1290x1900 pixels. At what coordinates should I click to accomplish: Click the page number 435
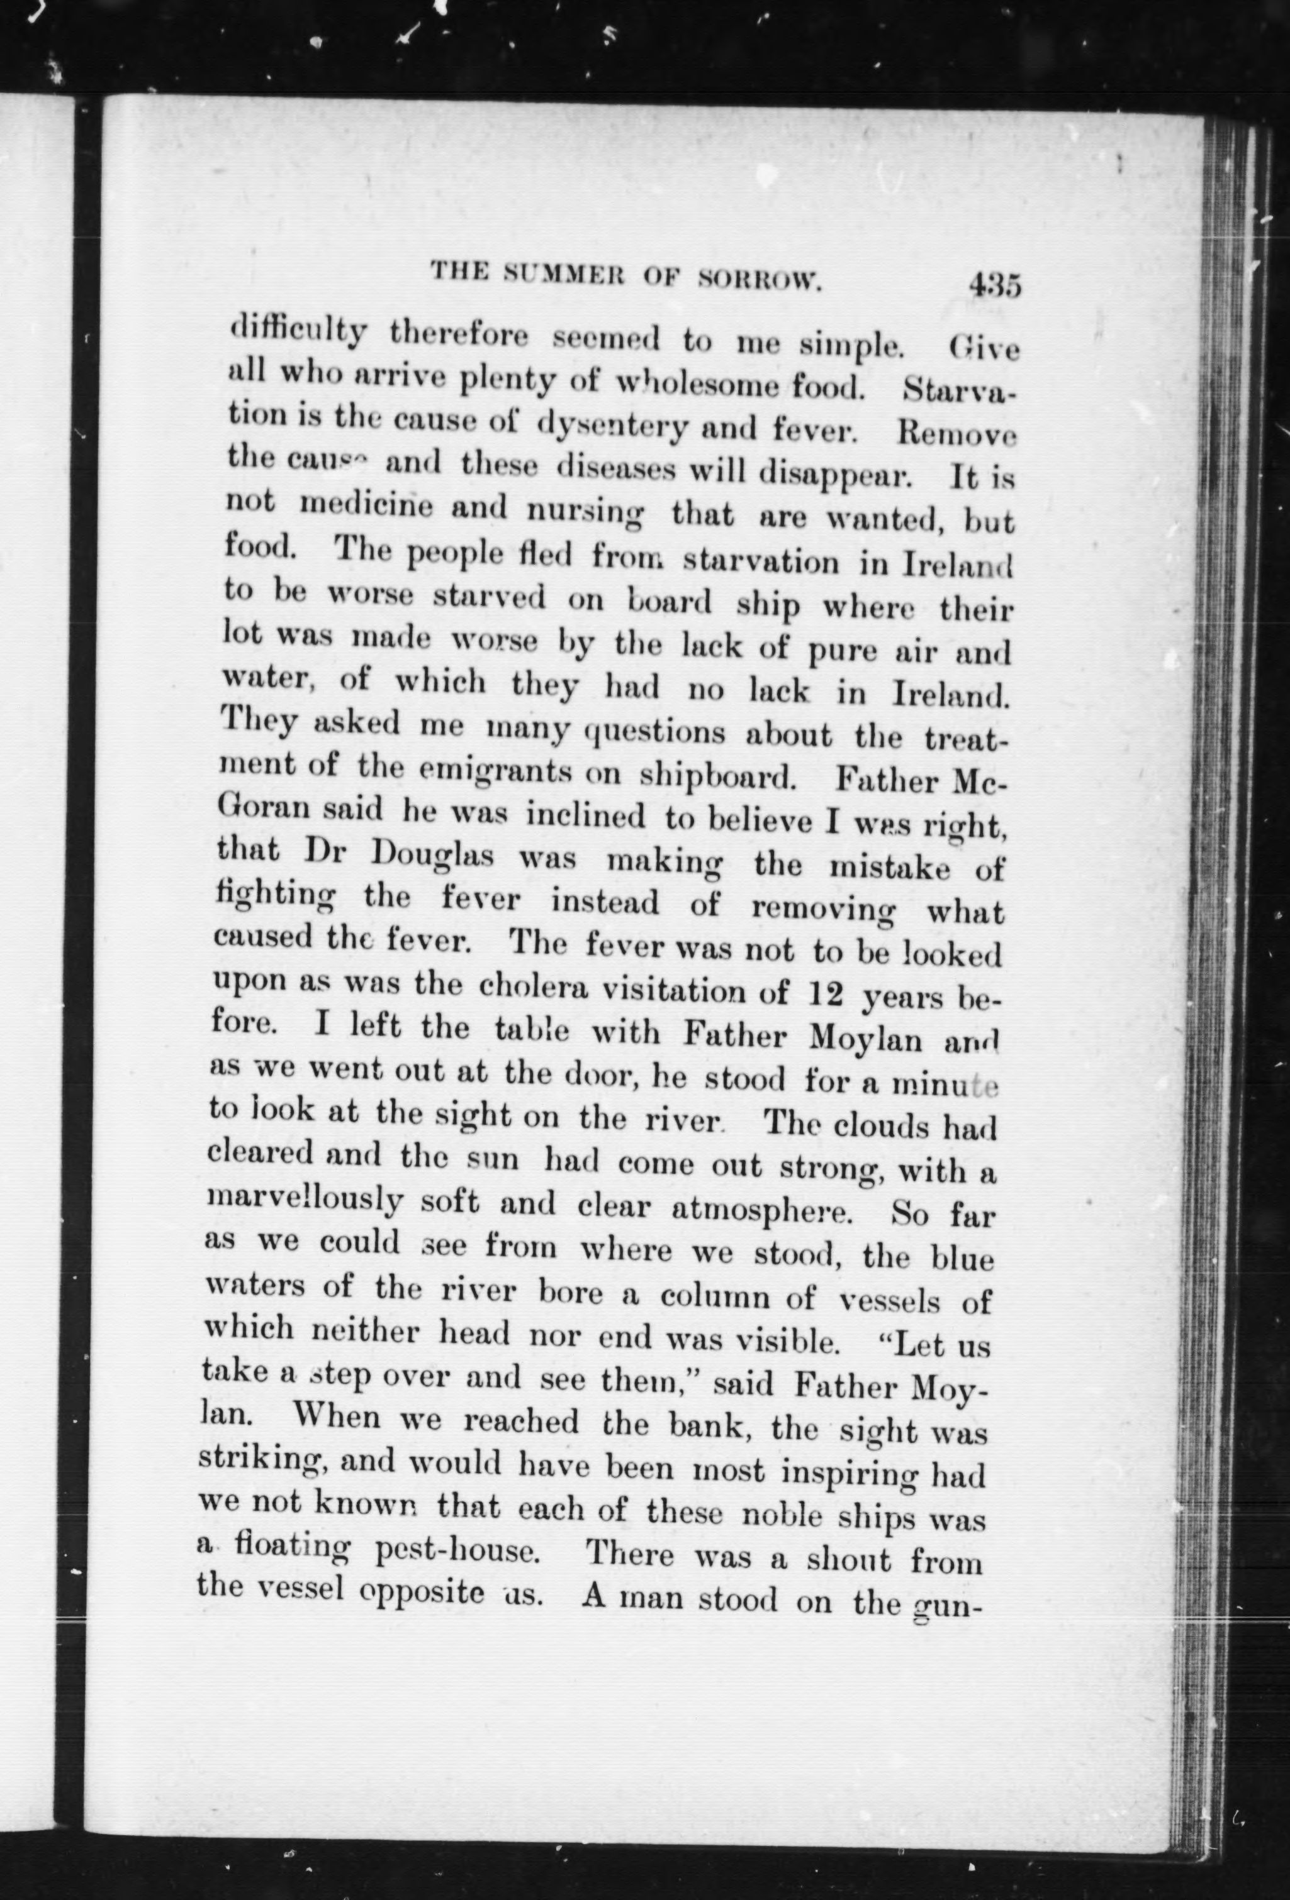coord(994,288)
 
